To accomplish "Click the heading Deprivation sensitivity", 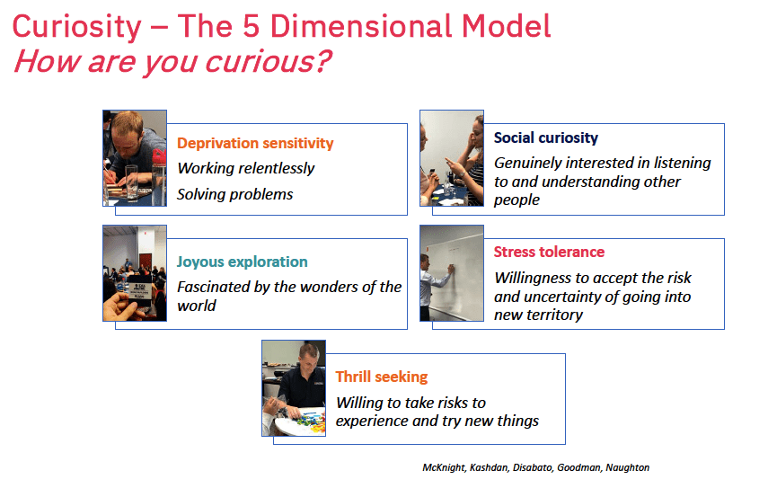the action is (255, 143).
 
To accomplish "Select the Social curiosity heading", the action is (545, 138).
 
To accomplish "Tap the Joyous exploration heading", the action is (243, 262).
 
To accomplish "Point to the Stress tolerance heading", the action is (549, 252).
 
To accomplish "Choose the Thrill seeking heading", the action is (382, 377).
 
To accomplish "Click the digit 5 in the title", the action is (252, 26).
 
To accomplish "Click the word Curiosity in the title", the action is (77, 27).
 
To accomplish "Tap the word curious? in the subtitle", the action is (268, 61).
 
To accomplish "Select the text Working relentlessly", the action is (246, 169).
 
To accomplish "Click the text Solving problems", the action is (234, 194).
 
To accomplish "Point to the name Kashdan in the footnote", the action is (489, 467).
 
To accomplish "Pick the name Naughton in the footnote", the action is (627, 467).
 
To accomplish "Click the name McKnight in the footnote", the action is (444, 467).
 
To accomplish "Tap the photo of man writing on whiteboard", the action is (452, 273).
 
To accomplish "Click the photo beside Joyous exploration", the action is (135, 273).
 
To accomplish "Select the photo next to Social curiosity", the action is (452, 158).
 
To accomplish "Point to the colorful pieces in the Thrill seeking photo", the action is (310, 421).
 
